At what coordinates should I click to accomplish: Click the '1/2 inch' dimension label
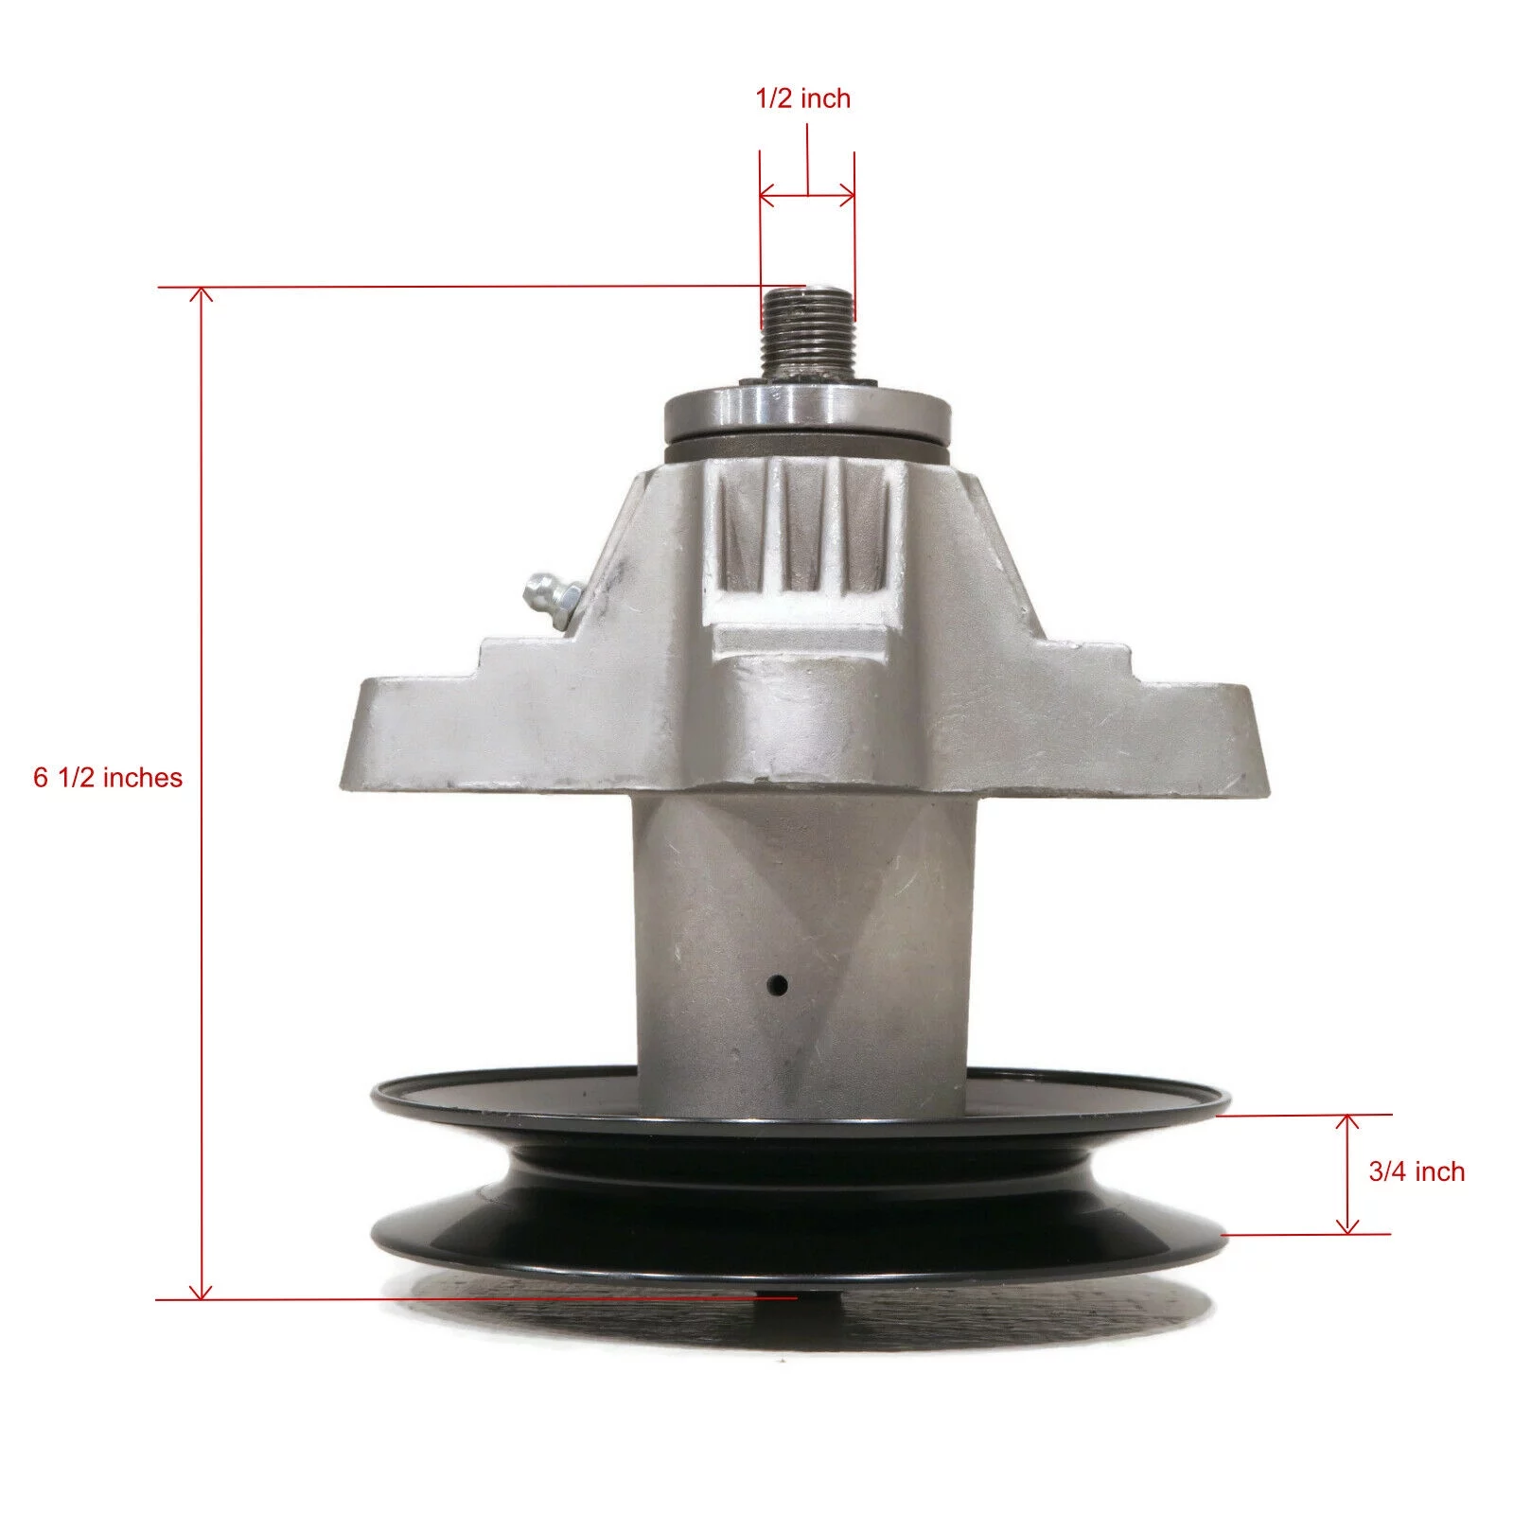[x=803, y=98]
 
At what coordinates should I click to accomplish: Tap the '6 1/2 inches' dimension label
[x=108, y=777]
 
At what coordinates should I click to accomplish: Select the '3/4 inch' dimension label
[x=1416, y=1171]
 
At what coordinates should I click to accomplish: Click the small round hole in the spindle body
[x=778, y=984]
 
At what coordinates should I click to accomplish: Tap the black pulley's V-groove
[x=800, y=1183]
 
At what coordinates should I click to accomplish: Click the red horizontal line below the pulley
[x=473, y=1299]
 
